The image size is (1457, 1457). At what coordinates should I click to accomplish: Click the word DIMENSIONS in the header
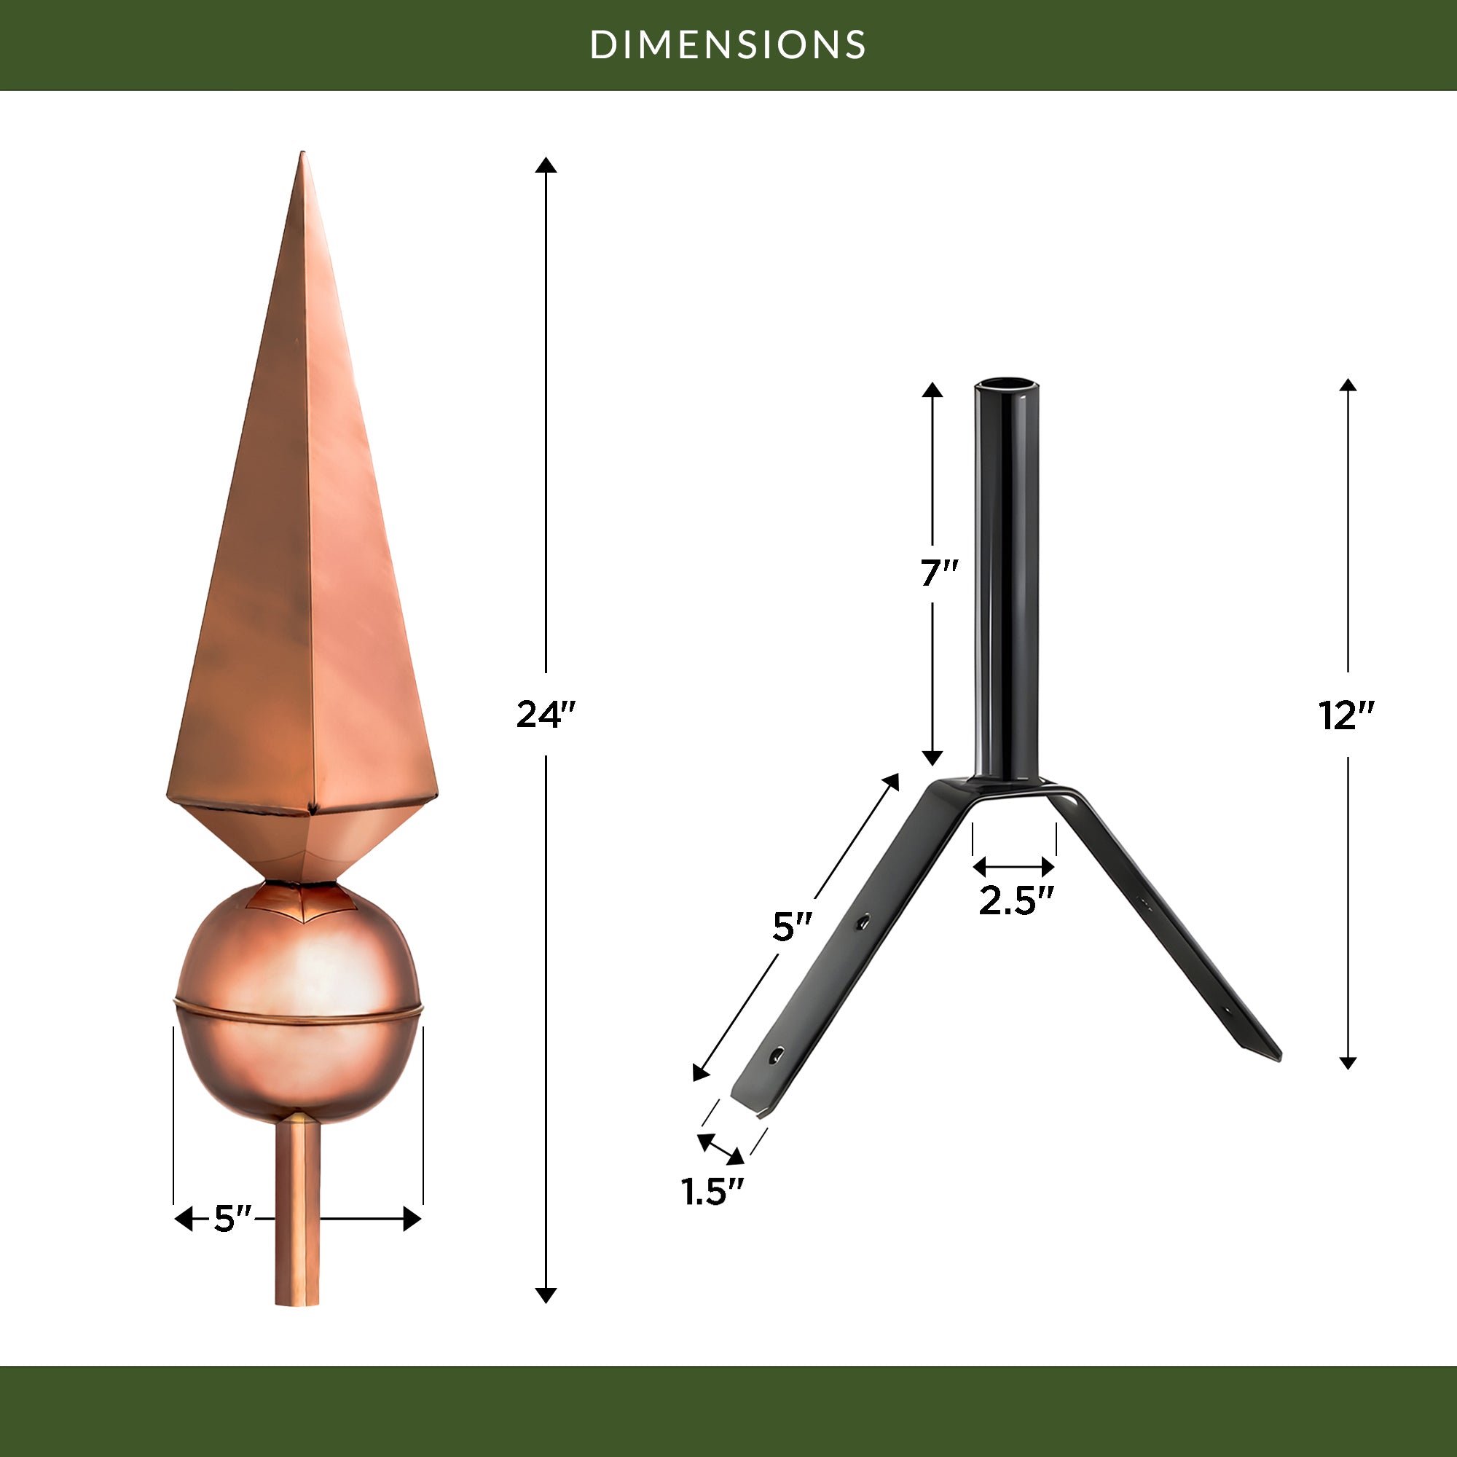point(728,44)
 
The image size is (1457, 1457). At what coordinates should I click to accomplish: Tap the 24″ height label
point(546,714)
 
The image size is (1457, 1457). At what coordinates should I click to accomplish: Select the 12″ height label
point(1348,715)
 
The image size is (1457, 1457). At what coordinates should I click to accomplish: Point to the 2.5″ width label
point(1016,900)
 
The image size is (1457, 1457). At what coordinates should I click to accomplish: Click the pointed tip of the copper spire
point(303,152)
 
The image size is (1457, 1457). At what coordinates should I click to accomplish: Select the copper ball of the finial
point(298,1004)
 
